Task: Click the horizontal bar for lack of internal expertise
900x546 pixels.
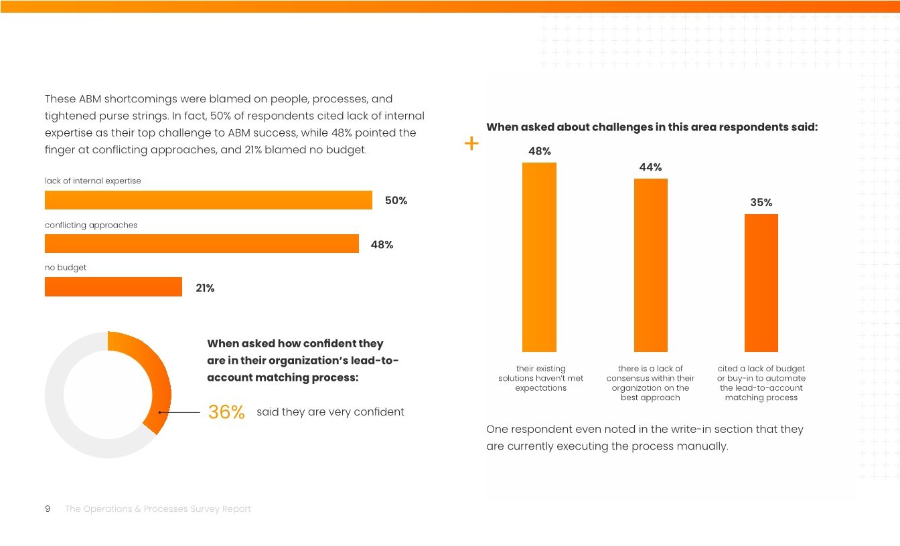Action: [208, 200]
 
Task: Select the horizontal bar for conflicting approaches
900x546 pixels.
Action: [202, 244]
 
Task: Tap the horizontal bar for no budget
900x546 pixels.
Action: [113, 287]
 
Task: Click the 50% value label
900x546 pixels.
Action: [396, 201]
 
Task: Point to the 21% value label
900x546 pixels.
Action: [205, 288]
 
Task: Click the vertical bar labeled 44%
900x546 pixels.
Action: [650, 265]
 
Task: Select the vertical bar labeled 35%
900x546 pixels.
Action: [761, 283]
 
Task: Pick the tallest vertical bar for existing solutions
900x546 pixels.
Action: [539, 257]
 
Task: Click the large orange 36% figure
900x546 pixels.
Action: [226, 412]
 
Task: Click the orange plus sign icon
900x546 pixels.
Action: [471, 143]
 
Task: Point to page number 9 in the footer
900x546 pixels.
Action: [48, 509]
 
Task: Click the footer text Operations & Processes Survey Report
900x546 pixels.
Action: [158, 509]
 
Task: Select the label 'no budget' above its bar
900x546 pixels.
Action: [66, 268]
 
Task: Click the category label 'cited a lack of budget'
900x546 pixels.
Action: [761, 369]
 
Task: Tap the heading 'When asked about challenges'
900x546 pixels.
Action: [651, 127]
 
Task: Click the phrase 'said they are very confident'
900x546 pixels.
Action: [330, 412]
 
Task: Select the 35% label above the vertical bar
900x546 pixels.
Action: [761, 203]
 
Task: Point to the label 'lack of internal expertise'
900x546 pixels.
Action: [93, 181]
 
